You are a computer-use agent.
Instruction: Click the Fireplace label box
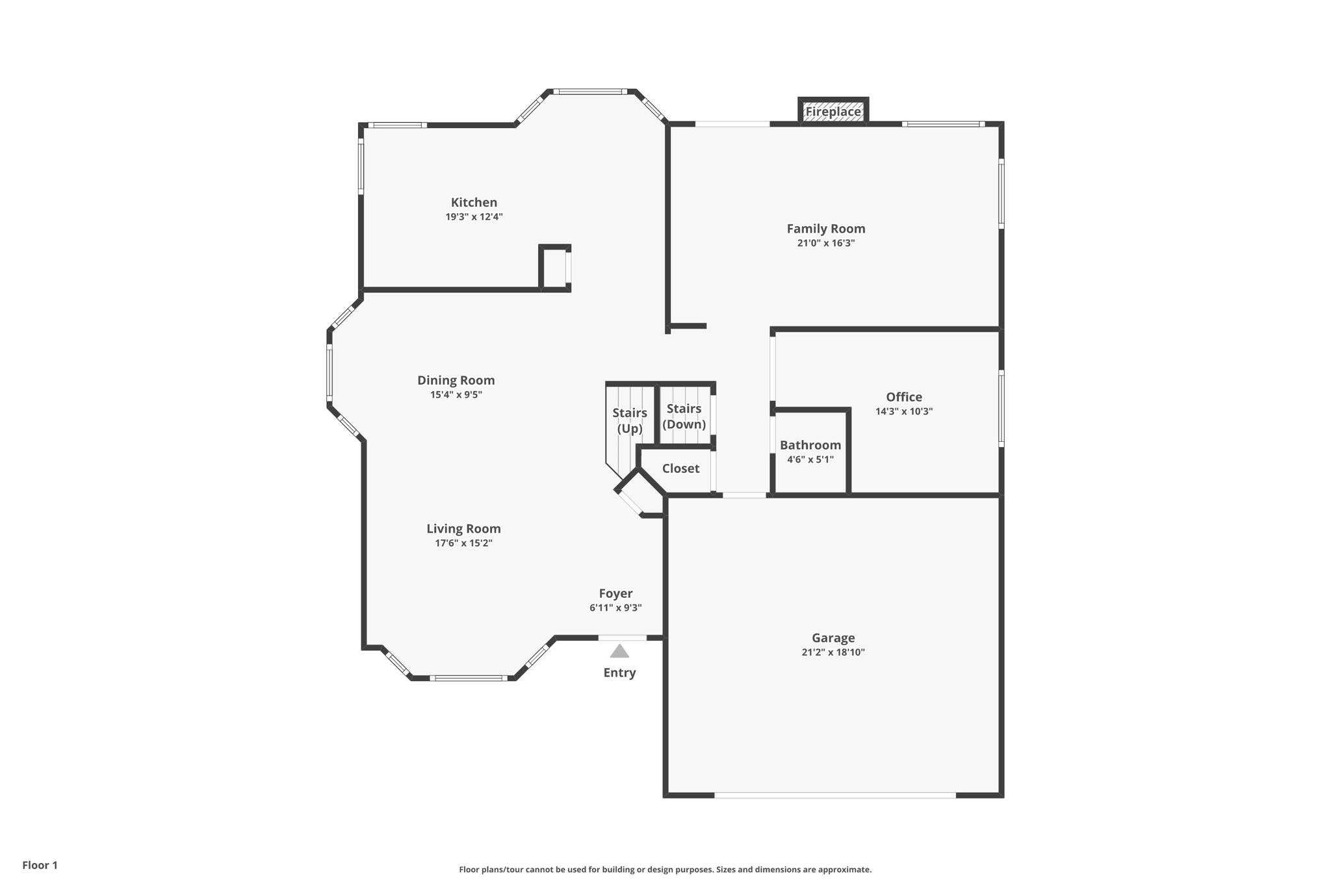click(833, 112)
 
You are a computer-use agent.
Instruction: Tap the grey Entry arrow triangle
click(619, 651)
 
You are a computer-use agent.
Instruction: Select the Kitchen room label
click(474, 202)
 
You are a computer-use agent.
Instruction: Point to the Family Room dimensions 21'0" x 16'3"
click(825, 243)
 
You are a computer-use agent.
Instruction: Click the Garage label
click(833, 637)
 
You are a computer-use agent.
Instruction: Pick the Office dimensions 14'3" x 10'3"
click(903, 411)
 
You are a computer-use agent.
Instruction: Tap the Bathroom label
click(810, 445)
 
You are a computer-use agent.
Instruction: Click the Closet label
click(680, 469)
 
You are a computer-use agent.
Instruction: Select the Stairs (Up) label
click(629, 420)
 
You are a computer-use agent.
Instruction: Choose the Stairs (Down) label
click(684, 416)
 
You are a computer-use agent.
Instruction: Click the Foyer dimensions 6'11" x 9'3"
click(615, 608)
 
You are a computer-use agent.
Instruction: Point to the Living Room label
click(463, 528)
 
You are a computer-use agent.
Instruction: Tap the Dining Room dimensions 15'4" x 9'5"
click(456, 394)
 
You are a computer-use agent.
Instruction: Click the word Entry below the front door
click(619, 673)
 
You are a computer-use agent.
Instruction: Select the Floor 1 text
click(40, 865)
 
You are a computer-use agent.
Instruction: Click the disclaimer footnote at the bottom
click(665, 869)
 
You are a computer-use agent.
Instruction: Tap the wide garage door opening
click(834, 795)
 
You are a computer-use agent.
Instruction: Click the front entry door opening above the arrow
click(622, 638)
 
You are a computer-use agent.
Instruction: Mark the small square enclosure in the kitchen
click(554, 268)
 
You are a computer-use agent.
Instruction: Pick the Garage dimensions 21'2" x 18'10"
click(833, 652)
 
